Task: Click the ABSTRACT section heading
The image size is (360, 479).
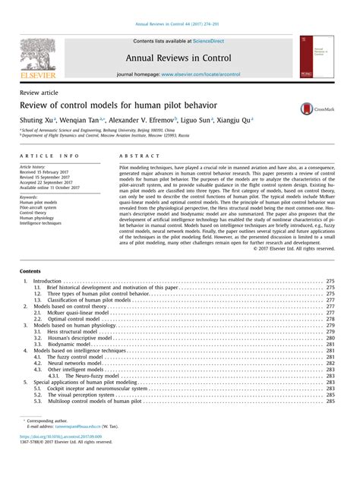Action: click(134, 154)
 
